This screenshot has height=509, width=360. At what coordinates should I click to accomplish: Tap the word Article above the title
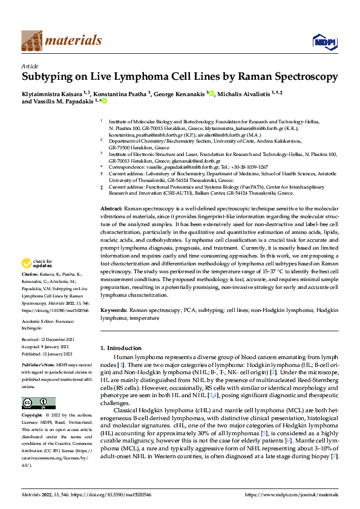[30, 65]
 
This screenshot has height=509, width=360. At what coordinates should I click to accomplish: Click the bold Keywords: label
[114, 309]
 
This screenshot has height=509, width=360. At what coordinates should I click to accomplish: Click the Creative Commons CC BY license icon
[38, 403]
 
